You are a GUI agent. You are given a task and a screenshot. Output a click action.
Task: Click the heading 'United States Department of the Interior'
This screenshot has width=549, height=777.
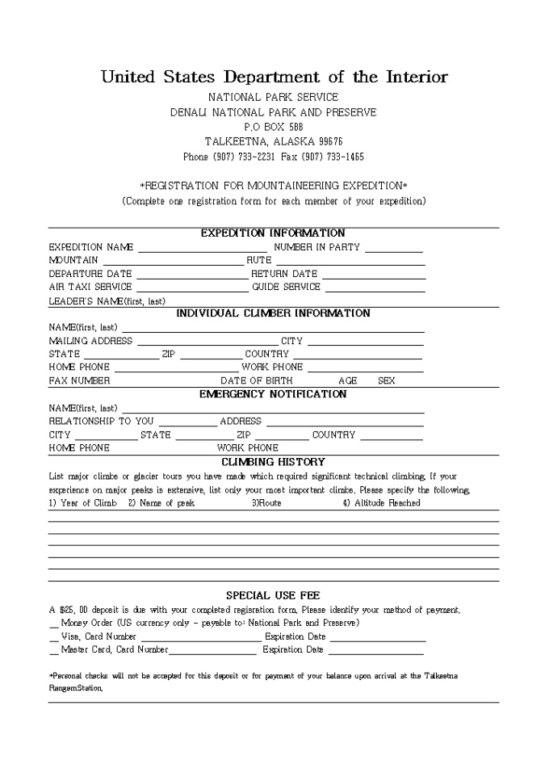click(274, 78)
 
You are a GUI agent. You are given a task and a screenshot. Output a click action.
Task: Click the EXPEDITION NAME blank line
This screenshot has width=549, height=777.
click(202, 249)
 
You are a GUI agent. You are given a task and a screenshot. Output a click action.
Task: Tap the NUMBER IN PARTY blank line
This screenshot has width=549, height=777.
click(394, 249)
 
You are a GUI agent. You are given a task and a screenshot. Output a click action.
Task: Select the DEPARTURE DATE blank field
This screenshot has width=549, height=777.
click(191, 275)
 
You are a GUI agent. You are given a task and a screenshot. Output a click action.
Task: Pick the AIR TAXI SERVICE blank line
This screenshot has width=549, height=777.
click(192, 288)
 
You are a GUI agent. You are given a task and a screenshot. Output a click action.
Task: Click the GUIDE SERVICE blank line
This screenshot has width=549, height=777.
click(375, 288)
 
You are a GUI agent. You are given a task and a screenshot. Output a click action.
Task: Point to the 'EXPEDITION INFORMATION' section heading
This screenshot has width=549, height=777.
click(273, 233)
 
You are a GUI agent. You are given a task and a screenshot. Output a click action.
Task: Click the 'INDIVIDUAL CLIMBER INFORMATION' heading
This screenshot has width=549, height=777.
click(273, 313)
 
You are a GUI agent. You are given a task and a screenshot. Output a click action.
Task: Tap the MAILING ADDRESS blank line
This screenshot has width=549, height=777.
click(205, 342)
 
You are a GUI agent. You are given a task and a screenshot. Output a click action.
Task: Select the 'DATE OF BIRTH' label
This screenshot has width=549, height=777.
click(257, 380)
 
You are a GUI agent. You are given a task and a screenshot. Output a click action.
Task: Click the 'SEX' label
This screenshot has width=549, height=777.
click(387, 380)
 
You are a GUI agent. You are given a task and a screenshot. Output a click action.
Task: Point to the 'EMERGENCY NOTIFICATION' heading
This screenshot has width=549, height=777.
click(273, 394)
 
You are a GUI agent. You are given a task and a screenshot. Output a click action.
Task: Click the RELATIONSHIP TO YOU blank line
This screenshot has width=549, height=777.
click(187, 422)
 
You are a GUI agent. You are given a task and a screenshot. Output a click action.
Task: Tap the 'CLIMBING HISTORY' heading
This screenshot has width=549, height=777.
click(273, 462)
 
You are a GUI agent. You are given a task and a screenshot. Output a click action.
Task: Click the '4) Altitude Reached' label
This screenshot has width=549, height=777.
click(381, 503)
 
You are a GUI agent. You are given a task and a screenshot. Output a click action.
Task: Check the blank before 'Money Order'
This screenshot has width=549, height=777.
click(53, 624)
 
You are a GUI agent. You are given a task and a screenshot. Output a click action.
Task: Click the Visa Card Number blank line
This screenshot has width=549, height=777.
click(201, 638)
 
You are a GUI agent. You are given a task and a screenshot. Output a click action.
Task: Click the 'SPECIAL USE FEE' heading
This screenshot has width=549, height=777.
click(273, 595)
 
